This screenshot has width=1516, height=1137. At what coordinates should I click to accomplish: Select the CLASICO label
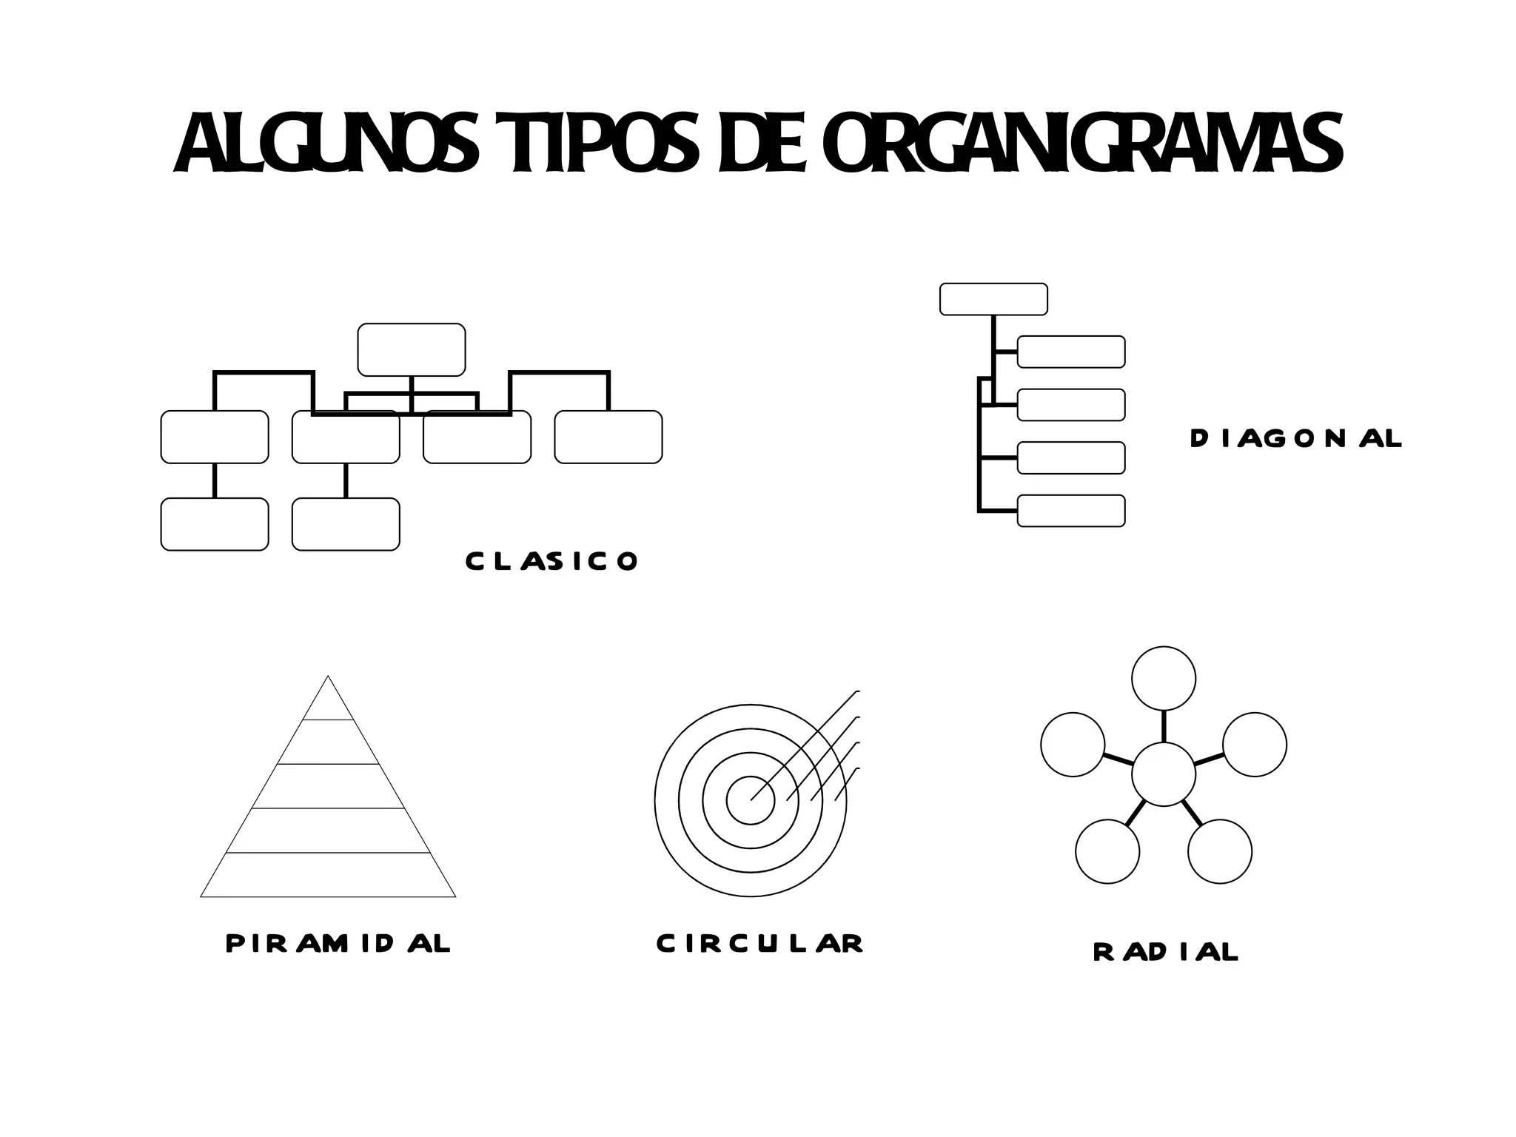click(551, 561)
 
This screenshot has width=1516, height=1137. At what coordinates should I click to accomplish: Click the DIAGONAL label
click(1295, 439)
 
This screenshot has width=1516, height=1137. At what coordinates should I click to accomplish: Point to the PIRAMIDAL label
click(338, 944)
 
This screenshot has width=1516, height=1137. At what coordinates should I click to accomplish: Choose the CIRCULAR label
click(759, 944)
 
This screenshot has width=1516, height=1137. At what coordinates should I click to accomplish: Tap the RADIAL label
click(1165, 952)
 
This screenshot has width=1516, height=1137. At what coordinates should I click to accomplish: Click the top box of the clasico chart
click(412, 349)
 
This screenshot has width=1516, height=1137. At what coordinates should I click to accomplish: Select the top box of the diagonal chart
click(993, 299)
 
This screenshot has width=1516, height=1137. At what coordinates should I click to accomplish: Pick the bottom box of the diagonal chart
click(1071, 511)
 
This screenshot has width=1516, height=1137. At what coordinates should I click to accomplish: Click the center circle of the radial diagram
click(1164, 774)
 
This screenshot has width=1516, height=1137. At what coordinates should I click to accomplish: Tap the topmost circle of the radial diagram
click(1164, 678)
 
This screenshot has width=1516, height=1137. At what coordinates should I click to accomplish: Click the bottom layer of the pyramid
click(328, 875)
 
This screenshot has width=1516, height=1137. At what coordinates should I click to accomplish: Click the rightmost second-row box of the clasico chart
click(608, 437)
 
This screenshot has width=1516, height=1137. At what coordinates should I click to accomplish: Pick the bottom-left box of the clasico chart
click(215, 524)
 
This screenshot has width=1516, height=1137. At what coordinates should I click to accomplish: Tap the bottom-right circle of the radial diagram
click(1220, 851)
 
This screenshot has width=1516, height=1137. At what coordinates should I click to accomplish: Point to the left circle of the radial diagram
click(1073, 745)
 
